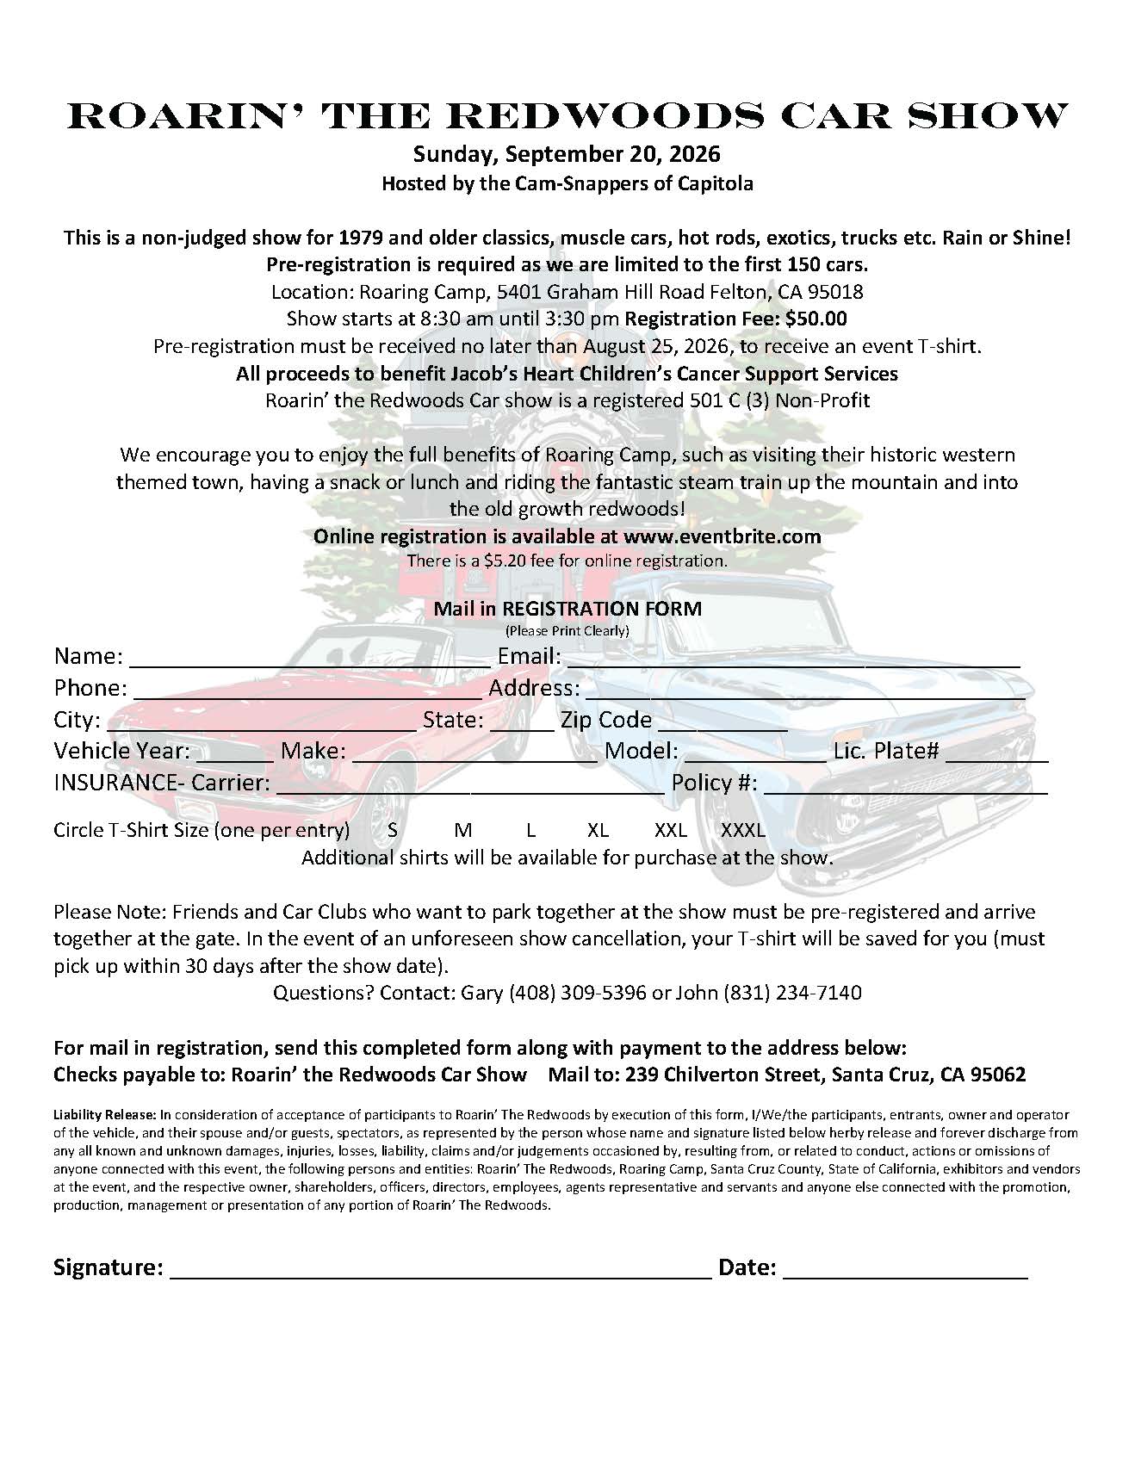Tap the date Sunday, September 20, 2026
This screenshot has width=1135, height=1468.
pyautogui.click(x=567, y=155)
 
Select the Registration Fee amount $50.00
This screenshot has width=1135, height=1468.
pyautogui.click(x=816, y=319)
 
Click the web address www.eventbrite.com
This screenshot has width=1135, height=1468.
pyautogui.click(x=722, y=536)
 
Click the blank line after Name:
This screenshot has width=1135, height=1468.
pyautogui.click(x=310, y=659)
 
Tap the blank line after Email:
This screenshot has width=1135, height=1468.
pyautogui.click(x=792, y=659)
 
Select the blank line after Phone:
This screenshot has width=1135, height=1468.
pyautogui.click(x=307, y=691)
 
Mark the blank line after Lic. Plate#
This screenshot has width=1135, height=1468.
pyautogui.click(x=996, y=753)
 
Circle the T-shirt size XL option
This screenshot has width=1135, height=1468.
pyautogui.click(x=598, y=831)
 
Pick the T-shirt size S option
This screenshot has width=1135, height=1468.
pyautogui.click(x=393, y=831)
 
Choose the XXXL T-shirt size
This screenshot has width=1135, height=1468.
pyautogui.click(x=743, y=831)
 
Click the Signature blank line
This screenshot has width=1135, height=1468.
pyautogui.click(x=441, y=1271)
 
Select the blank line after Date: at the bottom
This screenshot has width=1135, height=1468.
pyautogui.click(x=905, y=1271)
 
